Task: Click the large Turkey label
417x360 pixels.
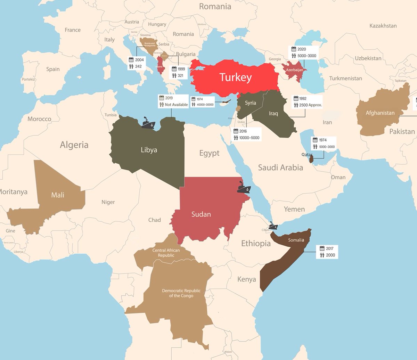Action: click(x=235, y=78)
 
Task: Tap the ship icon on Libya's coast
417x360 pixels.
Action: click(x=148, y=123)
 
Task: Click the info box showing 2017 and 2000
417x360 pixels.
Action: click(x=327, y=252)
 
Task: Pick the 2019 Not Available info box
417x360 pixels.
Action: click(x=173, y=101)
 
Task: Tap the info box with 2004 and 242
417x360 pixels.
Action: click(x=136, y=63)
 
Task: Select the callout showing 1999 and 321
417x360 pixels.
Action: click(x=179, y=72)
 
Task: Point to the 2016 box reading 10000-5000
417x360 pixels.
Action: click(x=247, y=134)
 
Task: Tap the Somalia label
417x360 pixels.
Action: click(x=296, y=240)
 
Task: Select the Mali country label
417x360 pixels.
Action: click(x=58, y=195)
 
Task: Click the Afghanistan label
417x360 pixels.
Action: click(x=380, y=113)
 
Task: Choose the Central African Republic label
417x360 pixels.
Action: click(x=163, y=253)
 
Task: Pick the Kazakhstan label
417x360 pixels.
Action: click(x=383, y=26)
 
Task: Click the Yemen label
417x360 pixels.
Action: click(x=294, y=209)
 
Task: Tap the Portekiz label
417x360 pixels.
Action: click(x=28, y=79)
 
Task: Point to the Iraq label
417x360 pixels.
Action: click(x=274, y=113)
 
